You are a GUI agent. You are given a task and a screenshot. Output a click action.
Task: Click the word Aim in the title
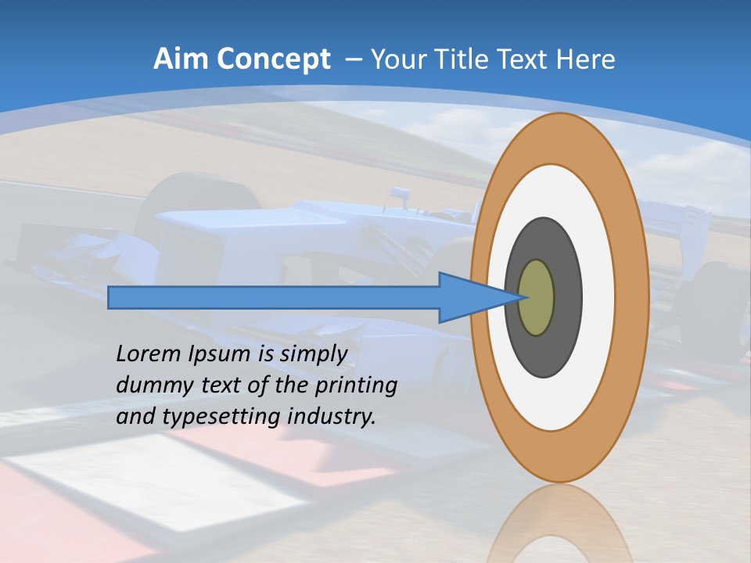click(181, 59)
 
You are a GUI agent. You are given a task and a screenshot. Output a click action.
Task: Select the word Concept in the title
click(273, 59)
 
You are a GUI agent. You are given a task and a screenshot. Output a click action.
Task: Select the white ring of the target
click(598, 298)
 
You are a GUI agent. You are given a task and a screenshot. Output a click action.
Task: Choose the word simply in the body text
click(313, 355)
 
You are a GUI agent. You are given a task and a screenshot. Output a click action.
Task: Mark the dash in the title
click(353, 59)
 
